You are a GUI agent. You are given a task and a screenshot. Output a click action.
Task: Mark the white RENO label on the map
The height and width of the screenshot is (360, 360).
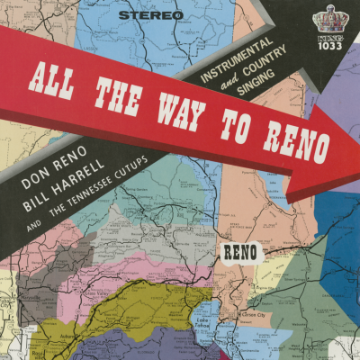click(241, 251)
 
